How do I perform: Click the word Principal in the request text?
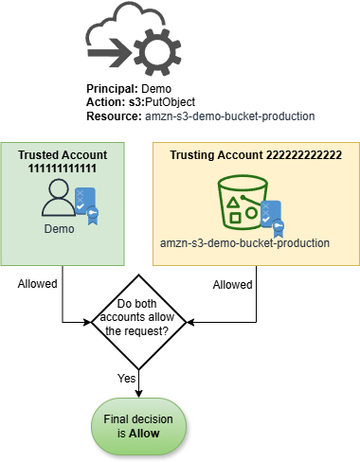[112, 87]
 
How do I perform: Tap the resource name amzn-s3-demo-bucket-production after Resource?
[230, 115]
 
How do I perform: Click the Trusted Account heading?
[63, 155]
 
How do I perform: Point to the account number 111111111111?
[63, 168]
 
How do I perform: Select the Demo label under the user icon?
[60, 229]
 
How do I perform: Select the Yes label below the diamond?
[126, 378]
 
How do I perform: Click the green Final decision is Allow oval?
[140, 425]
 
